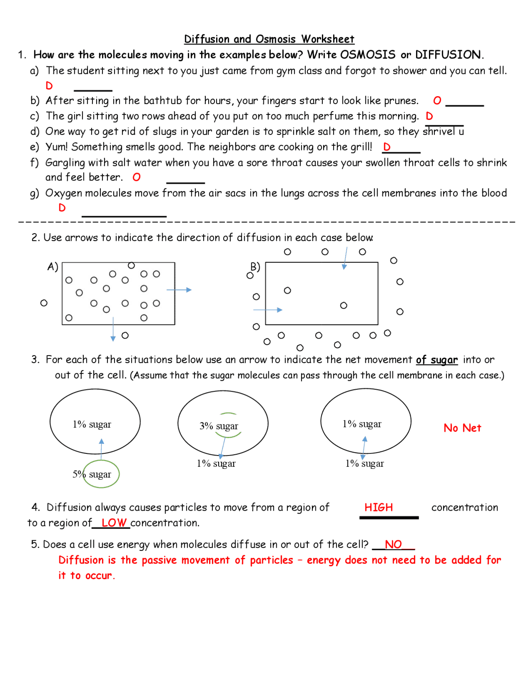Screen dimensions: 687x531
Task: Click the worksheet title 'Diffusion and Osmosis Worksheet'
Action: coord(269,39)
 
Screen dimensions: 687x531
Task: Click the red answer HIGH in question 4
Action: coord(378,507)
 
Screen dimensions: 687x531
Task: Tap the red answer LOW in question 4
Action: coord(114,523)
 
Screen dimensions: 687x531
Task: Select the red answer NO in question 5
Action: coord(393,544)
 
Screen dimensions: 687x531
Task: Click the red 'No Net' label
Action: coord(462,428)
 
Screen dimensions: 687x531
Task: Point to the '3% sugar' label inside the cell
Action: coord(219,426)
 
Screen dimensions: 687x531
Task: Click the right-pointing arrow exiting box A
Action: coord(179,290)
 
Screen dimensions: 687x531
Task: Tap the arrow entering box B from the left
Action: coord(268,310)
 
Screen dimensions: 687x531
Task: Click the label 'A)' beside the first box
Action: coord(53,266)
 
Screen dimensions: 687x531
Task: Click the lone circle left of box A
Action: coord(44,303)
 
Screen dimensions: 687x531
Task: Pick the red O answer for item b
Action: coord(437,100)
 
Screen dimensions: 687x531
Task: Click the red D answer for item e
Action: coord(387,147)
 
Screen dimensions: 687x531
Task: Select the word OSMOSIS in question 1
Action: coord(368,54)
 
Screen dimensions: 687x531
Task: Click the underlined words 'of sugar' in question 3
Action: coord(436,360)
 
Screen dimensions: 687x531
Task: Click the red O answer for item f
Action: coord(136,177)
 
